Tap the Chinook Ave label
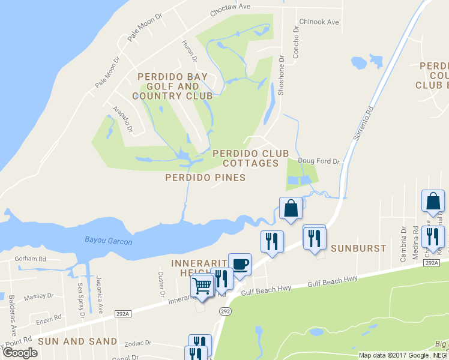pos(319,22)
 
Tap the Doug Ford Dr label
pos(319,161)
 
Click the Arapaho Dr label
pos(125,119)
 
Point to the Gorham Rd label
pos(31,259)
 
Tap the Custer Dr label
pos(161,284)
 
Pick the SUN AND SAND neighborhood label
pos(77,341)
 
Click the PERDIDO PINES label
pos(206,178)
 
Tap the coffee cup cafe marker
pos(240,265)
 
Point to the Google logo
pos(20,353)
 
